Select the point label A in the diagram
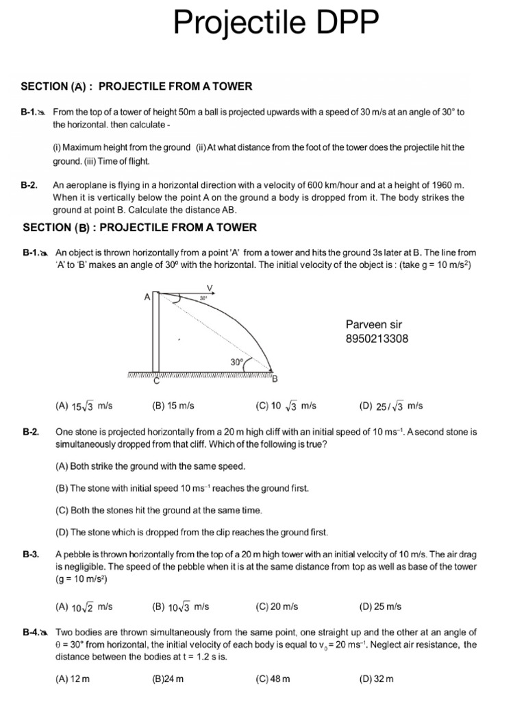pyautogui.click(x=147, y=298)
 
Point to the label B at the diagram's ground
pyautogui.click(x=275, y=379)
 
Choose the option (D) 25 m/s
pyautogui.click(x=380, y=607)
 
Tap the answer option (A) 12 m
pyautogui.click(x=73, y=679)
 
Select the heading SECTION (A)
pyautogui.click(x=58, y=86)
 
